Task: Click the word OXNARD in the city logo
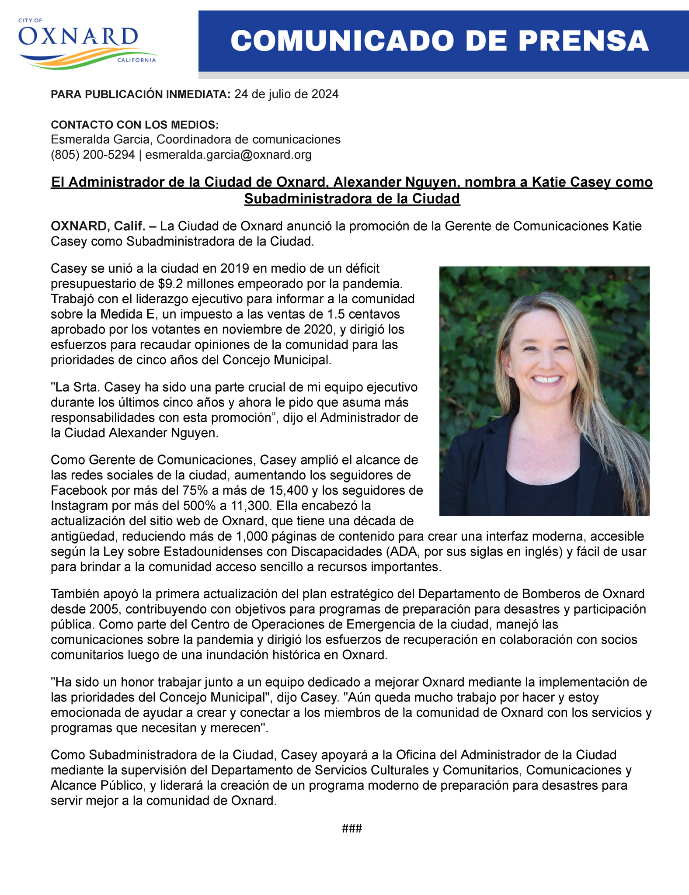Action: [78, 37]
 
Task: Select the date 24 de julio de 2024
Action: [286, 94]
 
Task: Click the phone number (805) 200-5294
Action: [93, 155]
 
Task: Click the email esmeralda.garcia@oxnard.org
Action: [228, 155]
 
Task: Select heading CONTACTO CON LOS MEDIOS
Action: [135, 125]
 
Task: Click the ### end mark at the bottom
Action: [351, 828]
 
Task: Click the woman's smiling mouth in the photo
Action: [547, 379]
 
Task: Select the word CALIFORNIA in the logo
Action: [136, 60]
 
